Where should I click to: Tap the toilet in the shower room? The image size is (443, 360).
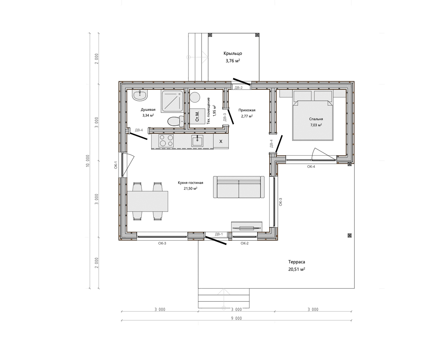pos(176,121)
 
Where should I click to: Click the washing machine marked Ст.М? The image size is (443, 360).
pos(197,116)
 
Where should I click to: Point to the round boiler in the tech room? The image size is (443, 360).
pos(195,97)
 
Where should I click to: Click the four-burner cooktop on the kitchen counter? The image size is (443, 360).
pos(166,141)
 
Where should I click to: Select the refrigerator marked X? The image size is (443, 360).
pos(221,141)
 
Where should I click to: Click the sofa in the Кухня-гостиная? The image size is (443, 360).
pos(239,187)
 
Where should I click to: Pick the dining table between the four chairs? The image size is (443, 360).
pos(147,201)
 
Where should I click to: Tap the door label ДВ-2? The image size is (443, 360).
pos(239,88)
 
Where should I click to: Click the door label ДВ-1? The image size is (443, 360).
pos(219,234)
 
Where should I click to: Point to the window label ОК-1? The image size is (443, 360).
pos(116,165)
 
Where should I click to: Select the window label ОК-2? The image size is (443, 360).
pos(245,243)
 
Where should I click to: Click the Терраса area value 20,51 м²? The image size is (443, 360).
pos(297,269)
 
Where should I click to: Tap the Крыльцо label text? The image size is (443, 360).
pos(233,53)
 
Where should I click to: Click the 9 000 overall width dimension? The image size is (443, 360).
pos(237,318)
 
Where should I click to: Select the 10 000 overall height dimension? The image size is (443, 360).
pos(87,161)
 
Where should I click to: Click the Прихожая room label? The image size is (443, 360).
pos(247,110)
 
